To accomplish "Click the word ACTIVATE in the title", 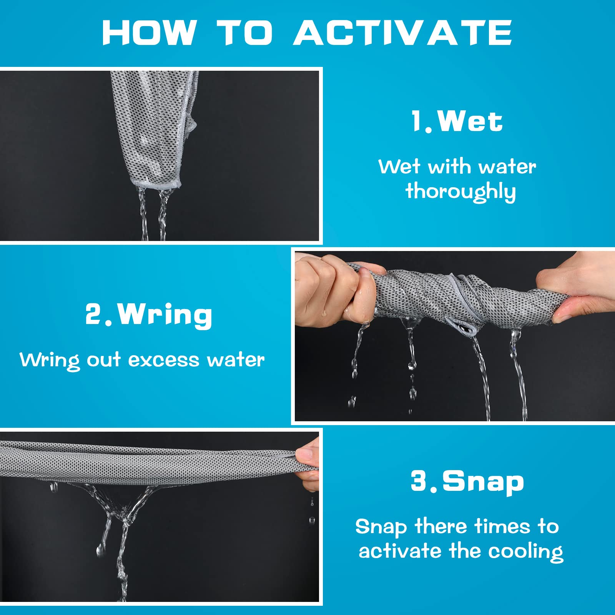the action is click(403, 33).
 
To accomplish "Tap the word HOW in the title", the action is click(150, 33).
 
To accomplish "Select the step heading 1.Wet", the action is click(457, 121).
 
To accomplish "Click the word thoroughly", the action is click(460, 191).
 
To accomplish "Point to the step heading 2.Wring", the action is click(149, 315).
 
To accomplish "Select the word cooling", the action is click(526, 552).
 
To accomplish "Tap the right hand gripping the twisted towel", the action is click(580, 294).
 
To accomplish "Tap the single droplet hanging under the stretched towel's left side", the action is click(53, 488).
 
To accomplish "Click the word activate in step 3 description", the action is click(400, 551).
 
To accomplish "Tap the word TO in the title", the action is click(245, 33).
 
